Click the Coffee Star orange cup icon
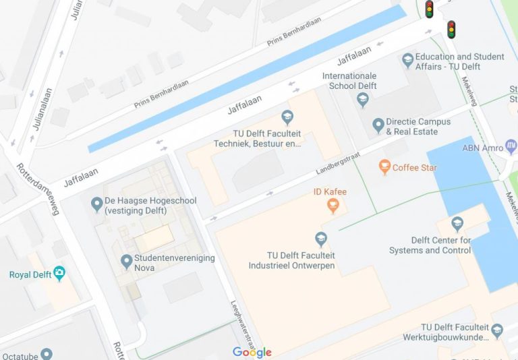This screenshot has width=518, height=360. point(384,167)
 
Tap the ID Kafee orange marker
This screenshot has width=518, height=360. point(332,204)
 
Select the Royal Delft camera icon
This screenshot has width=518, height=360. point(59,274)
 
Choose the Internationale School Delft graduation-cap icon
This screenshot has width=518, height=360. point(363,101)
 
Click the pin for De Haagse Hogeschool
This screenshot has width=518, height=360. point(96,202)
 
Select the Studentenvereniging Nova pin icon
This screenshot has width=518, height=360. point(125,261)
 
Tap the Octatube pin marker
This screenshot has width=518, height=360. point(46,353)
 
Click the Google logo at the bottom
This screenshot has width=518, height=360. point(252,352)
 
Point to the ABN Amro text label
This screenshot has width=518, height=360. point(480,148)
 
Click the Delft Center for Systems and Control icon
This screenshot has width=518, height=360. point(457,224)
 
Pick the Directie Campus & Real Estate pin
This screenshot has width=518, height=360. point(377,125)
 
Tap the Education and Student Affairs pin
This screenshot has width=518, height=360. point(407,61)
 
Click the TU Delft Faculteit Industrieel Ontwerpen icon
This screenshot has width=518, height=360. point(321,239)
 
